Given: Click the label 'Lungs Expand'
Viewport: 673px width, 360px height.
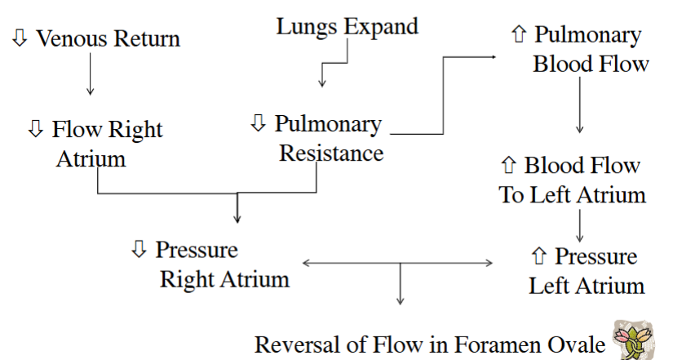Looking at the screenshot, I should click(x=347, y=26).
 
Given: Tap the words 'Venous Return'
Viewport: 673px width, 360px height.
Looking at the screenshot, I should click(x=108, y=38).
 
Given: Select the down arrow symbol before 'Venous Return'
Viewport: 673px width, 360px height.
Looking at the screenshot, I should click(x=20, y=38).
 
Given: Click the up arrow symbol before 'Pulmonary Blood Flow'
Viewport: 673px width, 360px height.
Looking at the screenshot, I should click(x=517, y=35).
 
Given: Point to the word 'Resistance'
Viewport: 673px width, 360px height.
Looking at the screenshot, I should click(x=331, y=153).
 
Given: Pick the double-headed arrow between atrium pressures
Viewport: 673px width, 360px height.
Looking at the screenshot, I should click(x=398, y=263).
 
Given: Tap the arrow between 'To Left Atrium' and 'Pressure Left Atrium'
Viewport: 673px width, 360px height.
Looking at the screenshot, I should click(x=579, y=224).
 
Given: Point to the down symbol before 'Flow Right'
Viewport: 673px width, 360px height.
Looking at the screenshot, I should click(x=35, y=129).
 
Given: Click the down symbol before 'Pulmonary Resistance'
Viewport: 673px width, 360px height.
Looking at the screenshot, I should click(x=258, y=123).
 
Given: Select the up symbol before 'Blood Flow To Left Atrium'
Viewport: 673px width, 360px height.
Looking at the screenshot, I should click(x=507, y=166).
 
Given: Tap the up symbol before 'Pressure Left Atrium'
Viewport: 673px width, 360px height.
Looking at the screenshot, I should click(x=538, y=257).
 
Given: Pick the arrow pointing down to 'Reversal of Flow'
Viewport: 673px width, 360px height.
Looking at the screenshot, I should click(x=401, y=286).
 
